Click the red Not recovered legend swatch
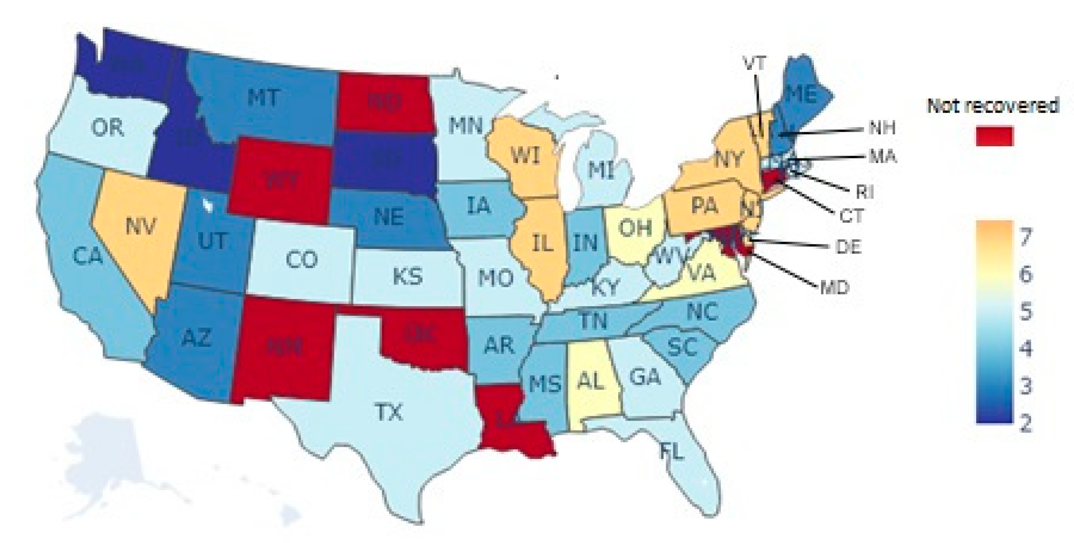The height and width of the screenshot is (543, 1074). (x=995, y=136)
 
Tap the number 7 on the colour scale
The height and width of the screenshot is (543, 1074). (x=1025, y=237)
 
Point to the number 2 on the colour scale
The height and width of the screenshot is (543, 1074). (x=1025, y=423)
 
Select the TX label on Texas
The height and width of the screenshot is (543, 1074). (x=388, y=412)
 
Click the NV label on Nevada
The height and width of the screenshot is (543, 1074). (x=141, y=226)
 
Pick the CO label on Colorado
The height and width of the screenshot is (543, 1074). (x=301, y=260)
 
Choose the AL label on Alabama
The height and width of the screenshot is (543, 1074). (x=591, y=380)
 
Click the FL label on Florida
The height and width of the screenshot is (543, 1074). (x=672, y=451)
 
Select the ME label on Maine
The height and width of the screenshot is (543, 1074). (x=802, y=95)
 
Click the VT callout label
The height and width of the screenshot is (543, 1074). (x=755, y=63)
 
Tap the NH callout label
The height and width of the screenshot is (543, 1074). (x=882, y=128)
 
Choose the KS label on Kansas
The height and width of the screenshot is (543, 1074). (x=408, y=276)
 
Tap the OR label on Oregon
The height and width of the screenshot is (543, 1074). (x=107, y=128)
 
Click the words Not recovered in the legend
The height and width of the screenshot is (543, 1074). (x=992, y=106)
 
